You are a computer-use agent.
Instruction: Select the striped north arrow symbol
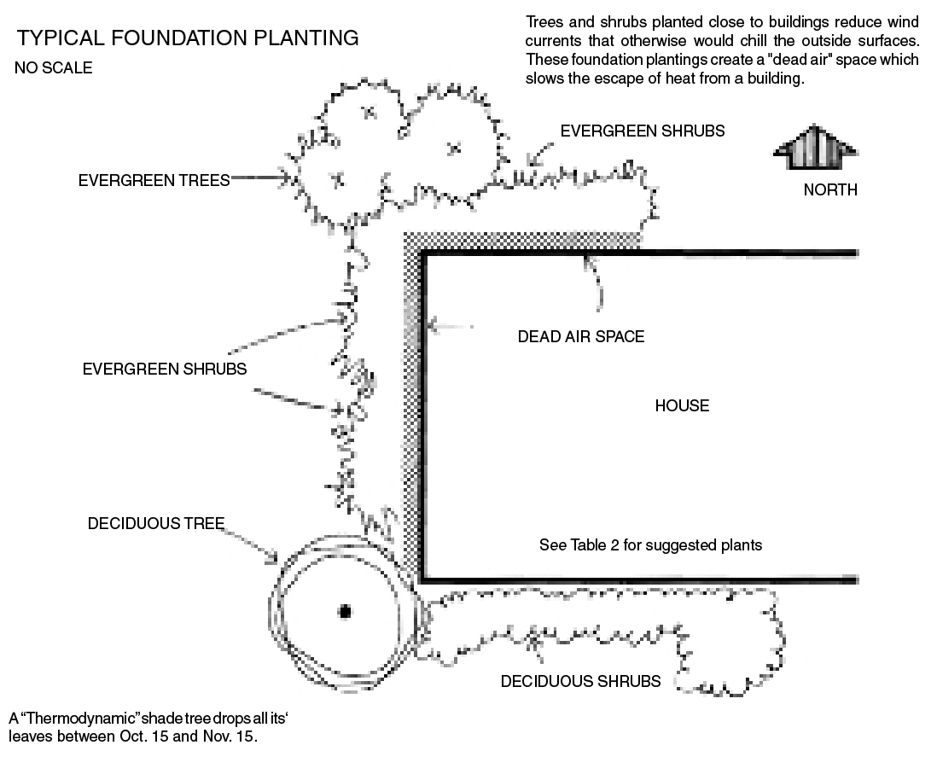click(x=814, y=149)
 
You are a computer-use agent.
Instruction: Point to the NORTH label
click(x=829, y=190)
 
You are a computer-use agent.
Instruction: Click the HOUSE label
click(x=682, y=406)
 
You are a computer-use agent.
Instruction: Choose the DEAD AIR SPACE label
click(x=580, y=337)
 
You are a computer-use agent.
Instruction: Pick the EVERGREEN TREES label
click(x=154, y=181)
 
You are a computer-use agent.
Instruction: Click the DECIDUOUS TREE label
click(x=156, y=524)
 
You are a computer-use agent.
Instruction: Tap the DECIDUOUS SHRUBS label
click(x=580, y=682)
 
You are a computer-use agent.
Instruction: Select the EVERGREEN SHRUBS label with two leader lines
click(x=165, y=370)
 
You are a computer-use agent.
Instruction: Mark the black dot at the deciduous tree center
click(x=345, y=611)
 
